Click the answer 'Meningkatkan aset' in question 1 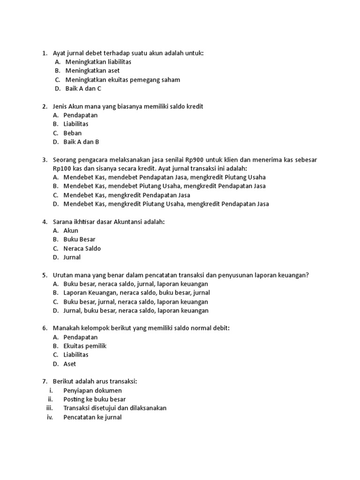(92, 71)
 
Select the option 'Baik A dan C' (83, 89)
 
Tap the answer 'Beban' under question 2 (73, 133)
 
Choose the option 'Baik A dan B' (82, 142)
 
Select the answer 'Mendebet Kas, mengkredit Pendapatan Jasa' (127, 195)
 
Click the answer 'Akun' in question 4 (71, 231)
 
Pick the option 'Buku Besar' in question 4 (80, 240)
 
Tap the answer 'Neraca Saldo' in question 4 (82, 248)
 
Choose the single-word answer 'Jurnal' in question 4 (72, 257)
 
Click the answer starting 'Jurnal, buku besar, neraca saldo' (136, 311)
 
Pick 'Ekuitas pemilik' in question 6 (85, 346)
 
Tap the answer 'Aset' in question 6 (70, 364)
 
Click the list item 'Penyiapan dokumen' (93, 390)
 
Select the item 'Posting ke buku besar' (95, 399)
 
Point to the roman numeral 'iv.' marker (50, 417)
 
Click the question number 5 (45, 275)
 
